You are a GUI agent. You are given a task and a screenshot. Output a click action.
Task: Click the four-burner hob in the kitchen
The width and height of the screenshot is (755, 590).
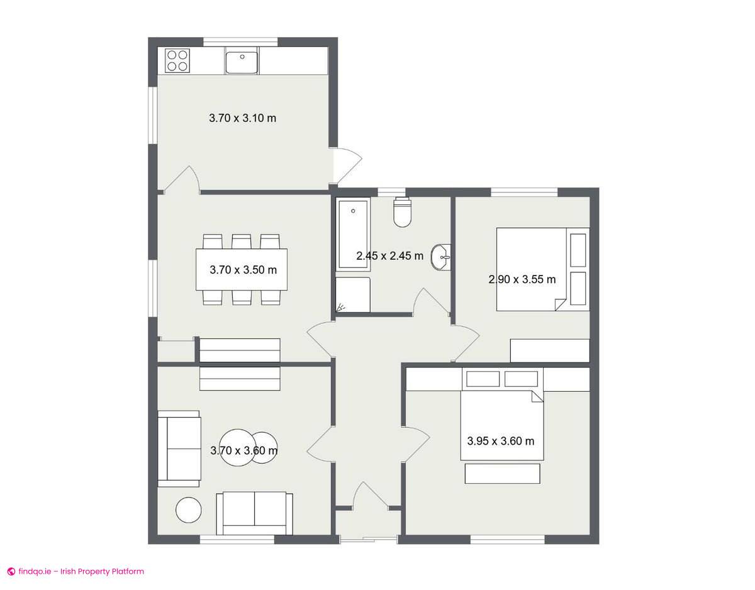178,60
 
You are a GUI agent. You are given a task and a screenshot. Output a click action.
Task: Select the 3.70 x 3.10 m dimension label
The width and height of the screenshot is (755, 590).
242,118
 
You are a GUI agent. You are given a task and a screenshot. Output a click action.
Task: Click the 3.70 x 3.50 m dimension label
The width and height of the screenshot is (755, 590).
243,270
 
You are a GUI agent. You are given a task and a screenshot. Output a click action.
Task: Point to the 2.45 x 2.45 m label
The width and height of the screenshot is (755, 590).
390,256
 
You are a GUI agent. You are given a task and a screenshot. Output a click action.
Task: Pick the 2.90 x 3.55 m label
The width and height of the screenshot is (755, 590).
522,279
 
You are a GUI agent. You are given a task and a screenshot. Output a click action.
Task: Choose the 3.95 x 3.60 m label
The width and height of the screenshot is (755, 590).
501,441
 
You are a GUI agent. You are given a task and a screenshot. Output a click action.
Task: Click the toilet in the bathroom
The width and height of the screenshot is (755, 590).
403,212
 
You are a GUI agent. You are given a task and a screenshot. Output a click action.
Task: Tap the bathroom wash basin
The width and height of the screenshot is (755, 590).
441,257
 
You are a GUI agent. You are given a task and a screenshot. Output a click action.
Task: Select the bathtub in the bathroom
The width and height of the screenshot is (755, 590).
353,235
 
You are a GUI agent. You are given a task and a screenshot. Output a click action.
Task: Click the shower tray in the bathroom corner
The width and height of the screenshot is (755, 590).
353,294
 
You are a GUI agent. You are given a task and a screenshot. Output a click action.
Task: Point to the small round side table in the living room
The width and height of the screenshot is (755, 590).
189,509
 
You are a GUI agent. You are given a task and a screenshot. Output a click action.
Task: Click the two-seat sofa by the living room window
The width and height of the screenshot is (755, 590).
254,514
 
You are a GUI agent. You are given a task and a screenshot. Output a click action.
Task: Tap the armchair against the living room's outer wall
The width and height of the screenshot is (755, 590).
179,448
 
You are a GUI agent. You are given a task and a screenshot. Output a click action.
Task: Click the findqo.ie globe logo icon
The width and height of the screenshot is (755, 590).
11,571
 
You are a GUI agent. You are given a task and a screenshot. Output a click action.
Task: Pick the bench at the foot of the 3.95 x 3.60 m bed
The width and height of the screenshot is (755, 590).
503,473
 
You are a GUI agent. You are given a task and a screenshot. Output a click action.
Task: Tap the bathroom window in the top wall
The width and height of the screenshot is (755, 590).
391,191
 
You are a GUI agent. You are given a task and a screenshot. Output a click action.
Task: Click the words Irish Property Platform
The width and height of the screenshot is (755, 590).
102,571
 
